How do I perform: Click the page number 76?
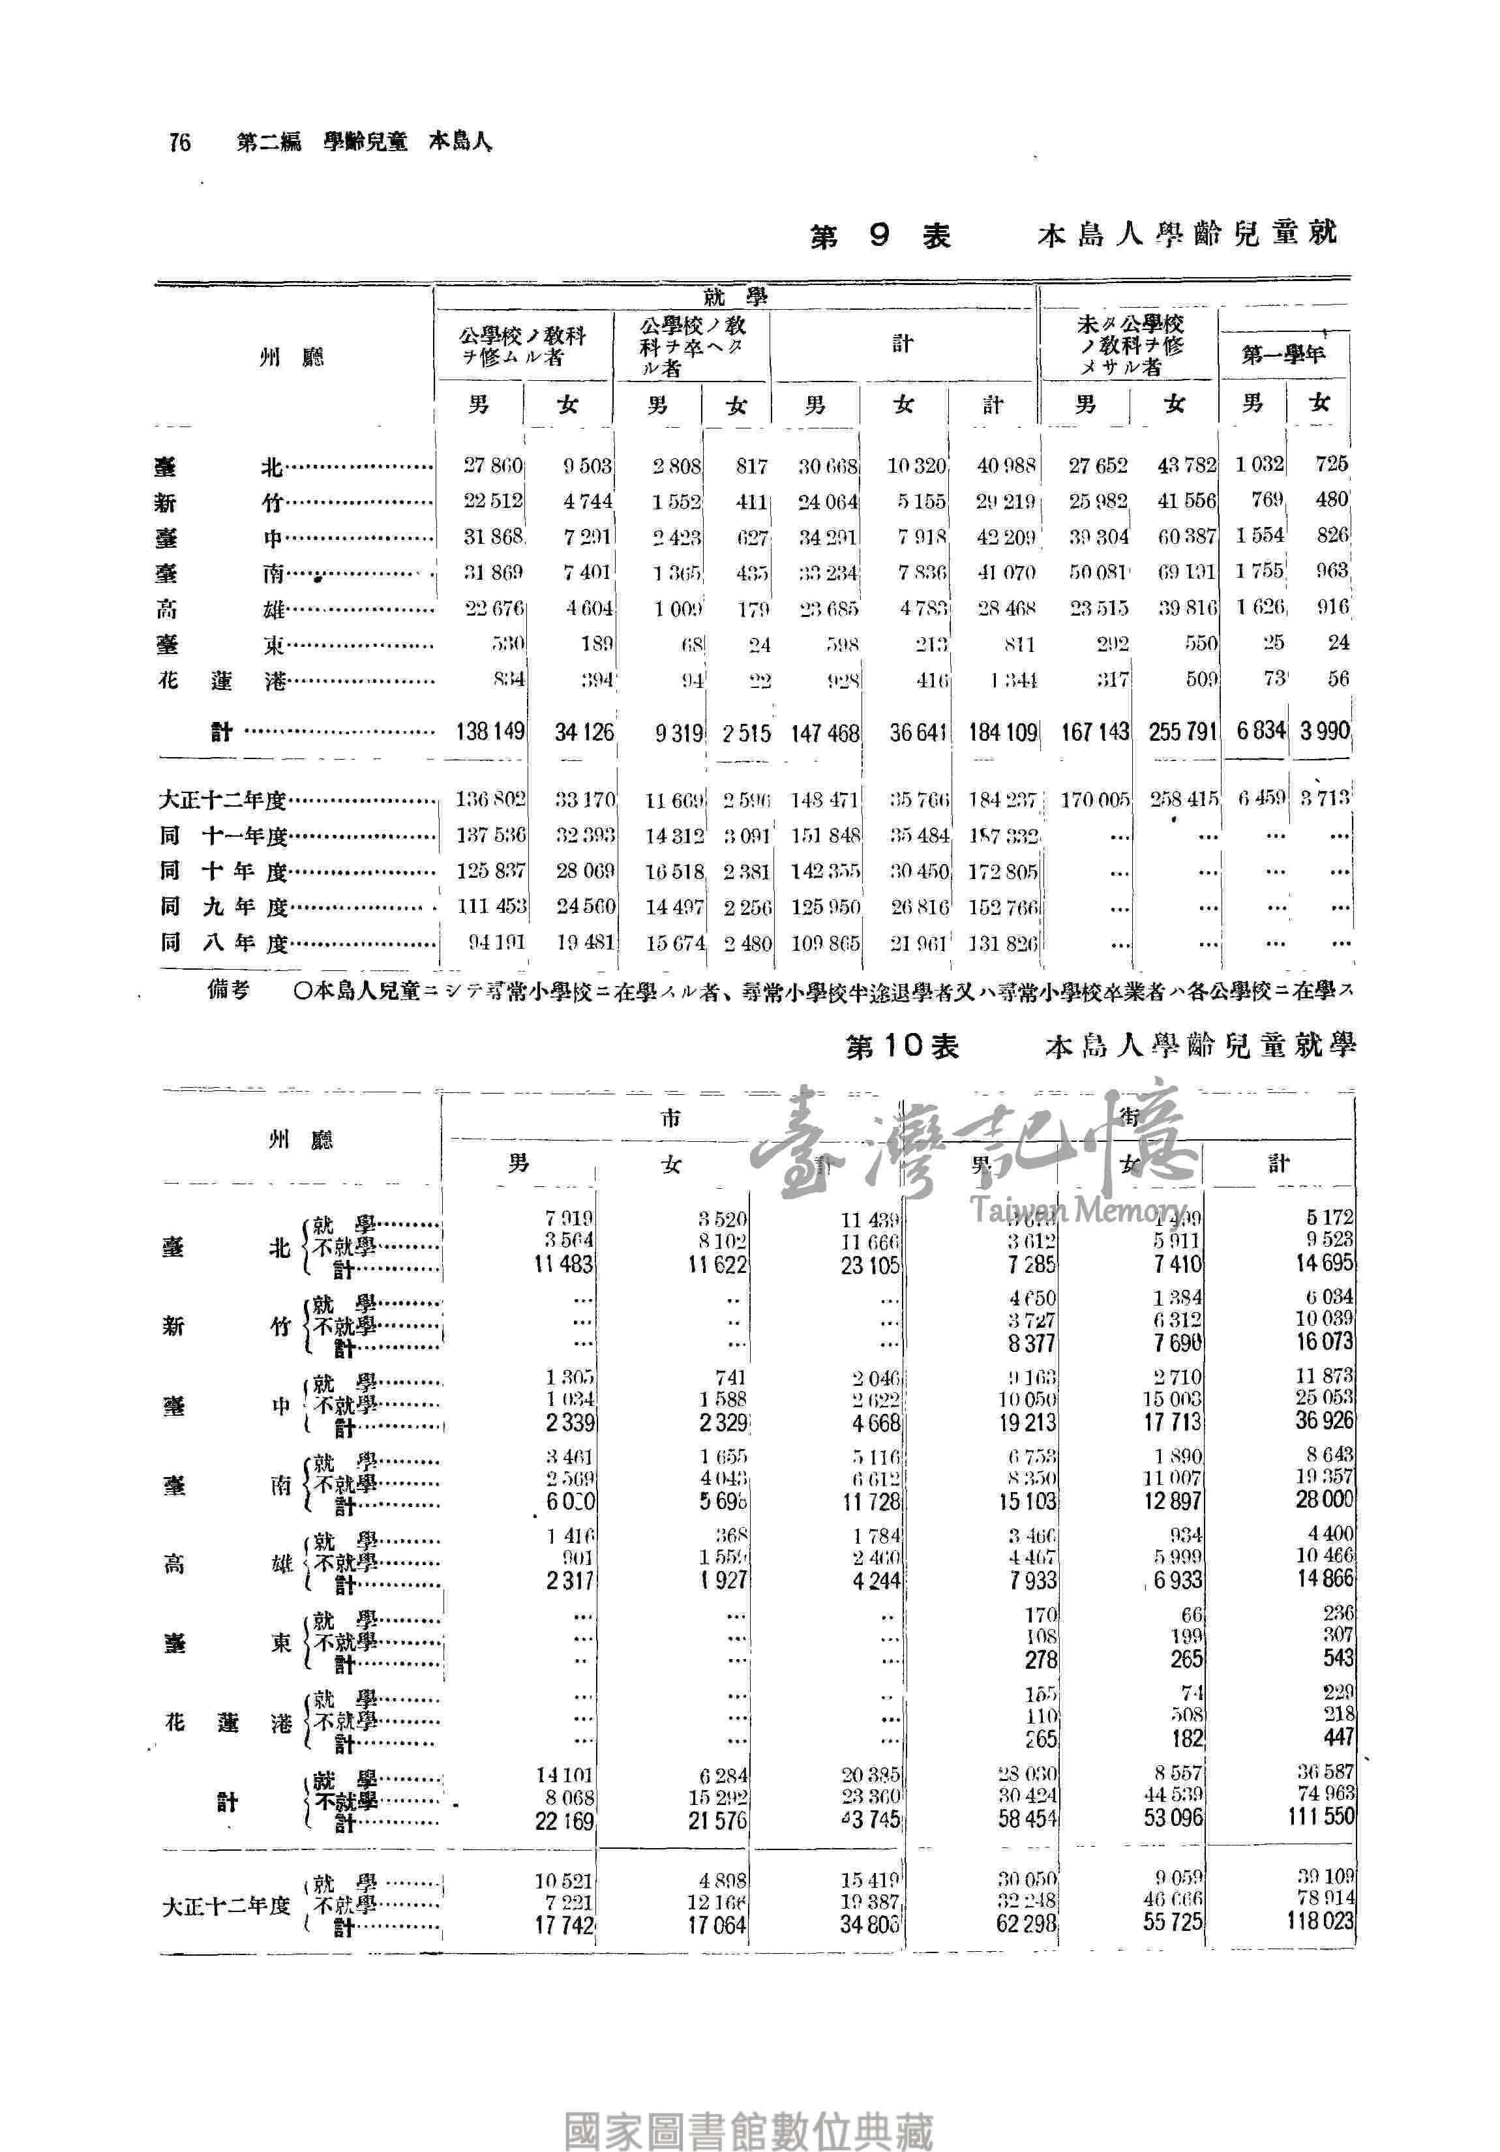click(x=180, y=142)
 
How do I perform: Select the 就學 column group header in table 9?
click(x=734, y=297)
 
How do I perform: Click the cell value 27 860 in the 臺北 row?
click(x=493, y=465)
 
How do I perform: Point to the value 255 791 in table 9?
click(x=1181, y=732)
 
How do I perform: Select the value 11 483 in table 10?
click(x=563, y=1264)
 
